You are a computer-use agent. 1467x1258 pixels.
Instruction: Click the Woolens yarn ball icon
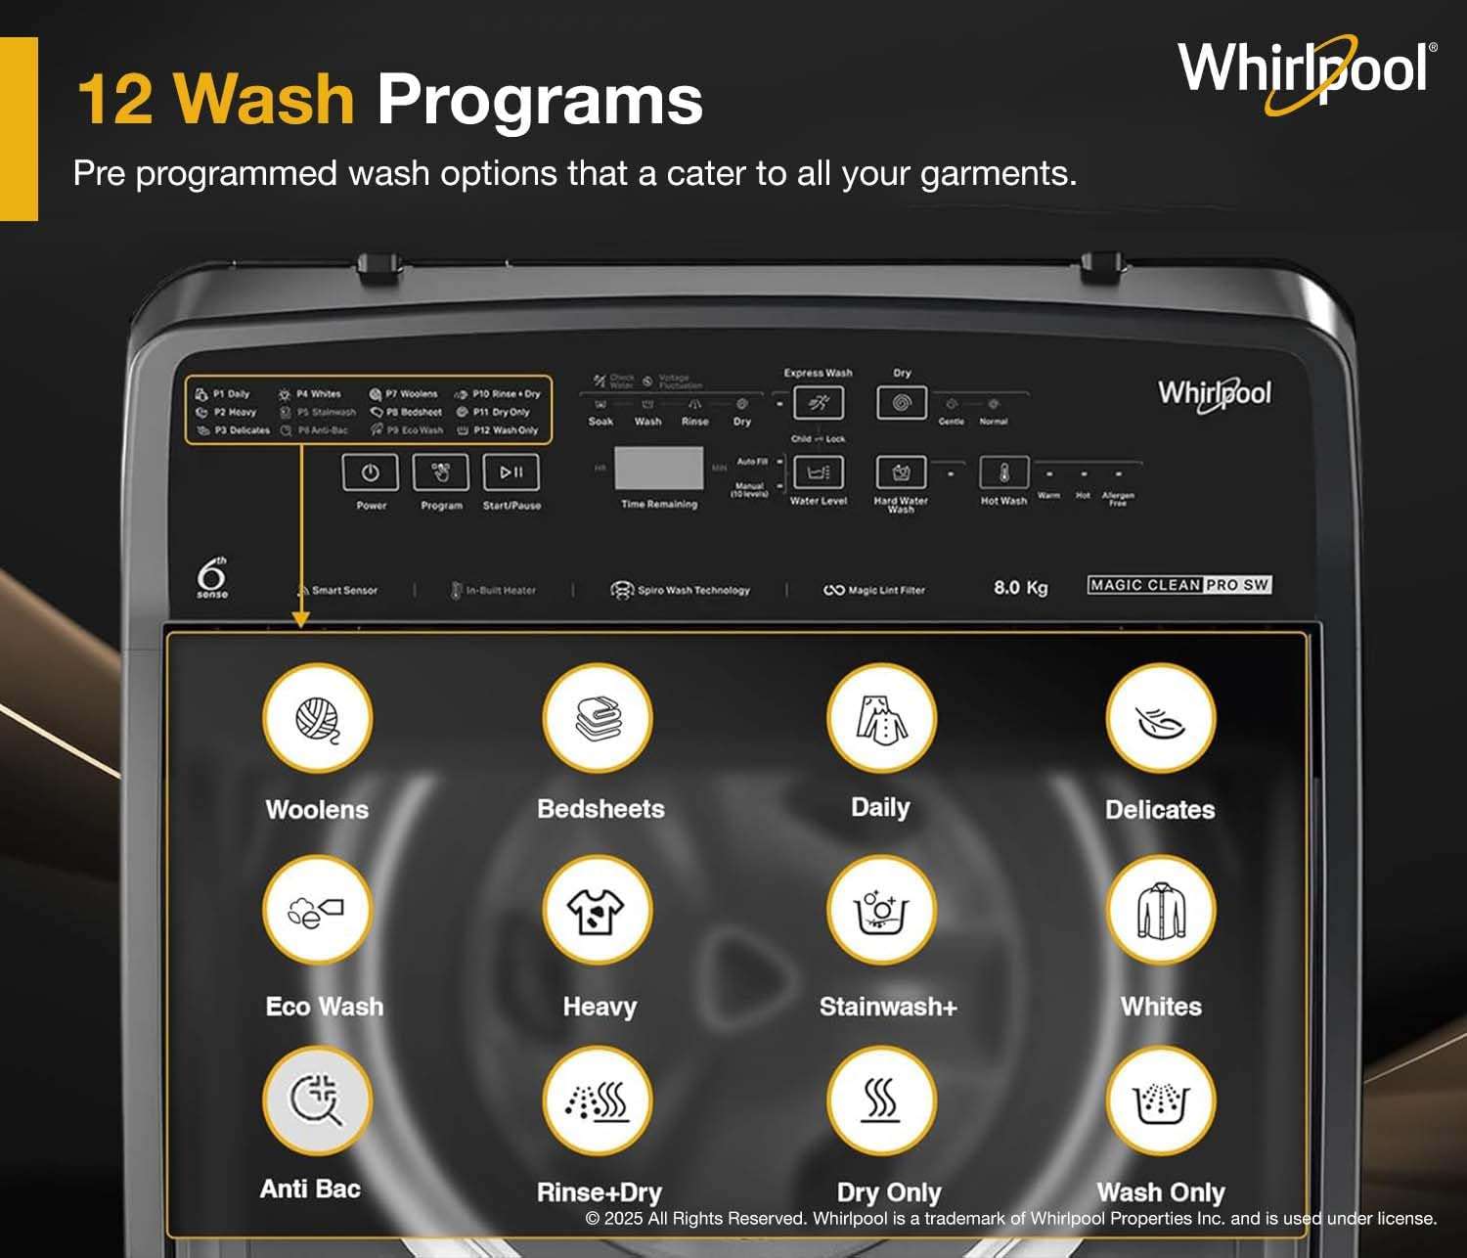click(x=317, y=718)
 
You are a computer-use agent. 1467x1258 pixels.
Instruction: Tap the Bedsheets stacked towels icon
click(x=598, y=718)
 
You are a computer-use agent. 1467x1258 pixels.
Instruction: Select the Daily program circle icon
click(x=881, y=718)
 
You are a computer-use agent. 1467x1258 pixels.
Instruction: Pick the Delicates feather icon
click(x=1161, y=718)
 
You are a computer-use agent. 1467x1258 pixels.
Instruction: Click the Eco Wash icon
click(x=317, y=911)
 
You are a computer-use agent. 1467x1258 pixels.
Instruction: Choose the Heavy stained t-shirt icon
click(x=598, y=911)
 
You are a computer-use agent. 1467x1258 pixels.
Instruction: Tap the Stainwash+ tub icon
click(x=881, y=911)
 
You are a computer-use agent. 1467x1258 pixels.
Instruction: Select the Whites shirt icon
click(x=1161, y=911)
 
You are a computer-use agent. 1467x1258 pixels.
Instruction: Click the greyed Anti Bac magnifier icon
click(x=317, y=1101)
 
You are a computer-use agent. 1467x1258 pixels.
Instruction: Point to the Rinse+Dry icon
click(x=598, y=1101)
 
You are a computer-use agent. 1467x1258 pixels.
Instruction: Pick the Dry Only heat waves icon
click(x=881, y=1101)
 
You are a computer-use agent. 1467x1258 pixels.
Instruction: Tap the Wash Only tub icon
click(x=1161, y=1101)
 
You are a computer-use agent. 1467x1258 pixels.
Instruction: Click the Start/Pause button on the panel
click(x=511, y=472)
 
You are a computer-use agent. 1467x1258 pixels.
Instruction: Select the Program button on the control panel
click(x=441, y=472)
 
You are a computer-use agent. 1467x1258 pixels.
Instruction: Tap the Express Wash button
click(x=818, y=402)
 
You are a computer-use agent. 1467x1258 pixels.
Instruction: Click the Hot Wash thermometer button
click(x=1003, y=473)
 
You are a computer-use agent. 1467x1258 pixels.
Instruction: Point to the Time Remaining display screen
click(x=658, y=469)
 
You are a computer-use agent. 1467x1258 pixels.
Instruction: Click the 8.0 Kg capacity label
click(x=1020, y=587)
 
